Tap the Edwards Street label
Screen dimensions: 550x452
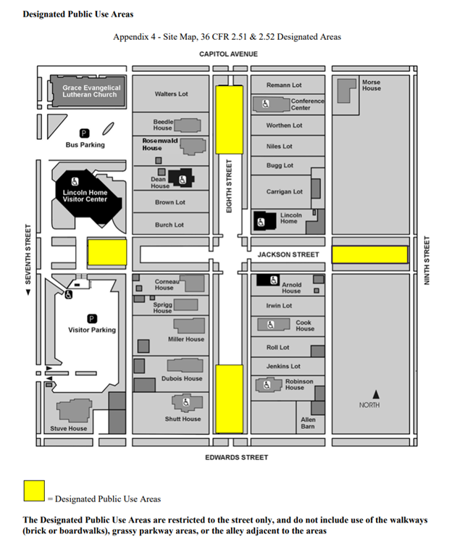click(x=236, y=457)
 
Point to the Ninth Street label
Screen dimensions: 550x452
click(x=427, y=259)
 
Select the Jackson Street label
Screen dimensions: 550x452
click(x=288, y=254)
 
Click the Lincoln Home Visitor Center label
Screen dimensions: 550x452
click(x=85, y=196)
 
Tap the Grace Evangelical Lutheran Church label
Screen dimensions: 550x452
click(x=90, y=91)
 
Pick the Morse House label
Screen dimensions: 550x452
click(x=371, y=86)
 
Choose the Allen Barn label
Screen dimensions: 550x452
click(x=308, y=422)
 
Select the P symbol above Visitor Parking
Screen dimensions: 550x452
click(x=92, y=318)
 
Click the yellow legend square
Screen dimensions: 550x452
click(x=33, y=491)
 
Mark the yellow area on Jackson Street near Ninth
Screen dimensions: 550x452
click(x=369, y=254)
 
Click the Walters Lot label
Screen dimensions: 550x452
click(x=171, y=94)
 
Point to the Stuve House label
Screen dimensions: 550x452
click(x=68, y=428)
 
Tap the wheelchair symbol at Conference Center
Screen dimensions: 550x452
click(x=266, y=104)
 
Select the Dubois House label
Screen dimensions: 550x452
click(x=183, y=378)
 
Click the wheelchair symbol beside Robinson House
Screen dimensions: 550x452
click(x=267, y=386)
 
